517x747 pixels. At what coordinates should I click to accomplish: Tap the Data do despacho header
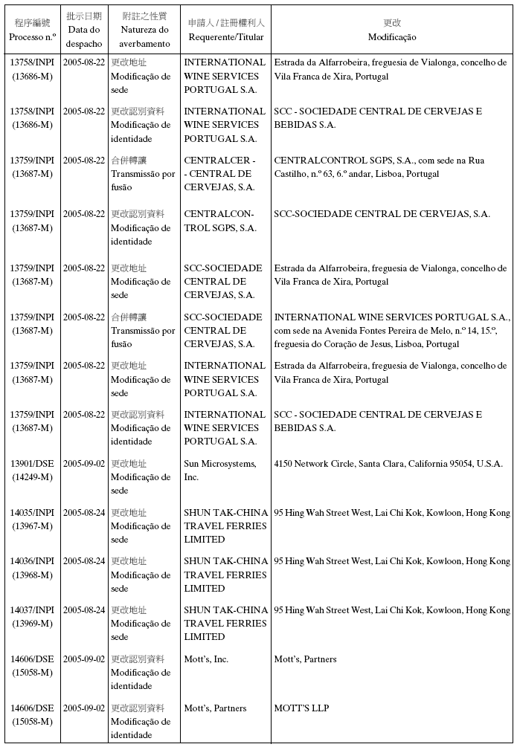pos(84,30)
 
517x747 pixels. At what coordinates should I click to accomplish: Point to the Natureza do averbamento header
pos(144,30)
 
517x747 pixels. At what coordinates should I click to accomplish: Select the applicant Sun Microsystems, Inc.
pos(220,470)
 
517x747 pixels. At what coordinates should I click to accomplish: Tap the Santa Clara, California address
pos(388,464)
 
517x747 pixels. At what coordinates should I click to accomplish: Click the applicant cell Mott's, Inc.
pos(206,659)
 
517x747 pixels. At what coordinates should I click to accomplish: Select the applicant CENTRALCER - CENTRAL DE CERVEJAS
pos(220,173)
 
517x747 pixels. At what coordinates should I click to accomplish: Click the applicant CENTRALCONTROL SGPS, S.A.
pos(220,221)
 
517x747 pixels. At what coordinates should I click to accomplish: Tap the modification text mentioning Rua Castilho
pos(379,166)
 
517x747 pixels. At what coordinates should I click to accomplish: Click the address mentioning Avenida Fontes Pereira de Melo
pos(391,330)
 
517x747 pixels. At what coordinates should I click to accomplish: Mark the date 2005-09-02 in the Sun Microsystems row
pos(84,464)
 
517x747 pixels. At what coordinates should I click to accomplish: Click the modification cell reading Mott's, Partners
pos(305,659)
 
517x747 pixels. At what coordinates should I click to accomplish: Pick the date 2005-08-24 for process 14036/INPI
pos(84,561)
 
